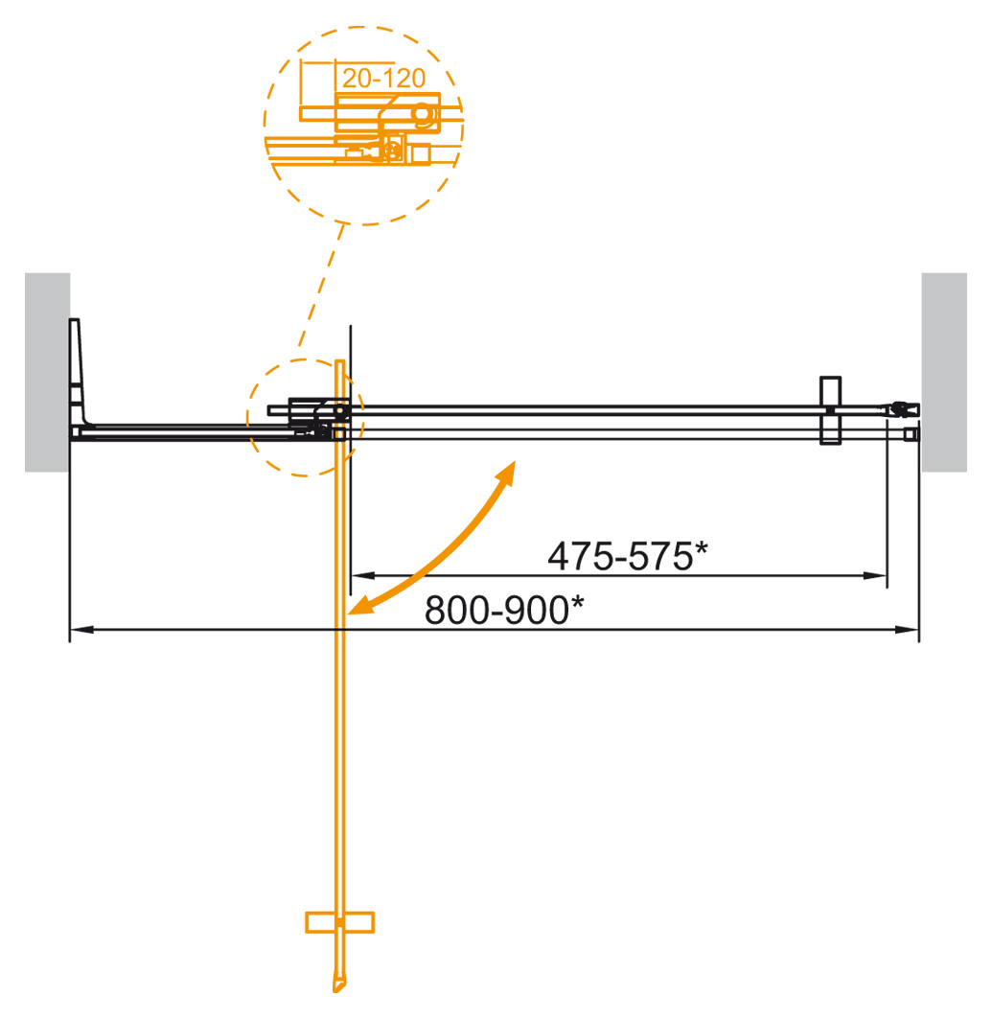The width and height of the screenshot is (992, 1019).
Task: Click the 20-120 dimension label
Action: (x=383, y=80)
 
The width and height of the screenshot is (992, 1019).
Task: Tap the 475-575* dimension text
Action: (x=627, y=556)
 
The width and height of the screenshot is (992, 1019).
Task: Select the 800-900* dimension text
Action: (x=504, y=611)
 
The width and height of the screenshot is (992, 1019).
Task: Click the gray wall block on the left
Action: (x=47, y=372)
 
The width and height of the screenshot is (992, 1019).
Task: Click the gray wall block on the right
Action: (x=944, y=372)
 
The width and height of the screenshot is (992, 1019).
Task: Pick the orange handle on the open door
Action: (x=339, y=922)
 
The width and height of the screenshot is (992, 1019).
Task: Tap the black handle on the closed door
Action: (x=830, y=411)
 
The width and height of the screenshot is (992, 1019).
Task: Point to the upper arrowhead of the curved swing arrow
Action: (x=507, y=471)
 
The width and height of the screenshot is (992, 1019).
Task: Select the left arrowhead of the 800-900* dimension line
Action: (x=79, y=630)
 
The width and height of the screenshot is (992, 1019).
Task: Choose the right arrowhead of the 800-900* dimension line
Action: (x=911, y=630)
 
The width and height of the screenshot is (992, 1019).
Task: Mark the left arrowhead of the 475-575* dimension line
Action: (x=358, y=575)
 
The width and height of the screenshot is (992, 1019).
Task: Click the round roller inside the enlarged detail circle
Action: (x=421, y=113)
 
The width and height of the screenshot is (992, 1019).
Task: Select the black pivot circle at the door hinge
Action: (x=338, y=412)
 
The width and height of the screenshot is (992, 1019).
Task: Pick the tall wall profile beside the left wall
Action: (x=78, y=374)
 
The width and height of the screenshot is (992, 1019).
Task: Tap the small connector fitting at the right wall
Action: (x=901, y=409)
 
